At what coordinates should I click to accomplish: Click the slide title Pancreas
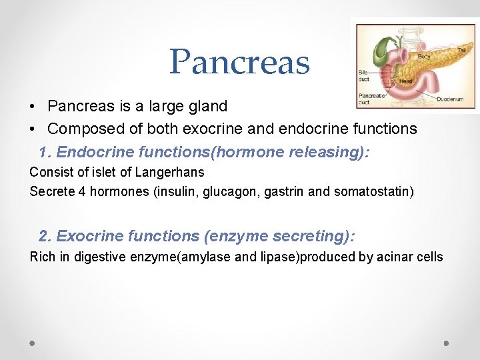(239, 61)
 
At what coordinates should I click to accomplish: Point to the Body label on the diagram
(424, 57)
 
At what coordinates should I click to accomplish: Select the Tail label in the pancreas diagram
(461, 50)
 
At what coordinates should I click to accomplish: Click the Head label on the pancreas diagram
(405, 81)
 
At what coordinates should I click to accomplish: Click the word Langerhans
(169, 172)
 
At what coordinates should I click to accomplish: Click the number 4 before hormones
(75, 192)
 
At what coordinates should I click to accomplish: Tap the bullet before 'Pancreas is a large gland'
(33, 107)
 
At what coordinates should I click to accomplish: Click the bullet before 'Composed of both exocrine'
(33, 129)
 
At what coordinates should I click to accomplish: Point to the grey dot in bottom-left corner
(32, 343)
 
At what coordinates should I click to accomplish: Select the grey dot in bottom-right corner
(447, 343)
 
